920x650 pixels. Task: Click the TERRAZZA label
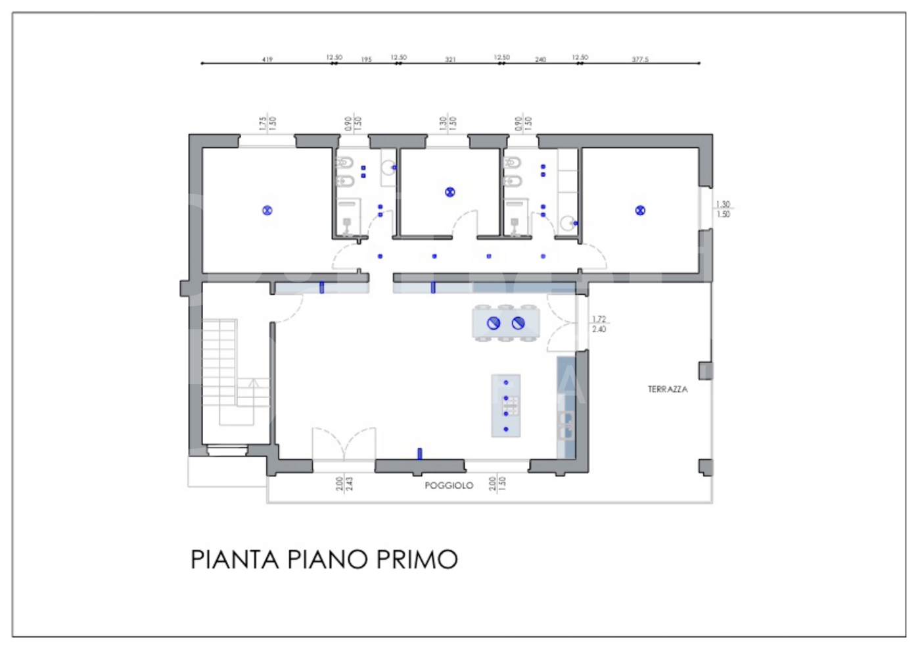(668, 389)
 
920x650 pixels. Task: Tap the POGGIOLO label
(449, 486)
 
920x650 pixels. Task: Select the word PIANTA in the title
(235, 560)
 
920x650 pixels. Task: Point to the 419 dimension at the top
(267, 59)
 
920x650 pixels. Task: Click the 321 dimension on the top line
(450, 59)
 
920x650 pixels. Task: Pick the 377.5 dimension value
(640, 59)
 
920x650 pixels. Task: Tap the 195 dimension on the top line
(366, 59)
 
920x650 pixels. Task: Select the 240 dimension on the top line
(540, 59)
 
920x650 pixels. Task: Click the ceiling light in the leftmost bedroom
(267, 211)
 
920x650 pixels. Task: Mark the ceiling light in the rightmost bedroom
(640, 211)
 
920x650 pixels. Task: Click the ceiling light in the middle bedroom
(450, 192)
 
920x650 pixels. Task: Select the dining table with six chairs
(505, 323)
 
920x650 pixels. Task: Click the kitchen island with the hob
(506, 406)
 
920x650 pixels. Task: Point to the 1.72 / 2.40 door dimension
(599, 324)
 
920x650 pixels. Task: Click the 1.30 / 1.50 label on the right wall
(723, 209)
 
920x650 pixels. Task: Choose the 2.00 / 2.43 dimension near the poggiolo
(344, 484)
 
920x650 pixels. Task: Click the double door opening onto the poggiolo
(344, 446)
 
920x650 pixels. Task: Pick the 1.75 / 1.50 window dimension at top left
(267, 123)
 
